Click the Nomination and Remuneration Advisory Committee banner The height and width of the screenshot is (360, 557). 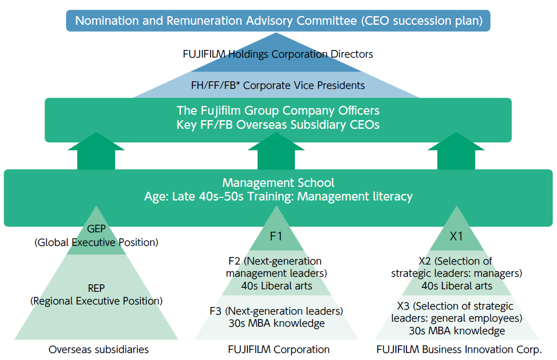coord(278,21)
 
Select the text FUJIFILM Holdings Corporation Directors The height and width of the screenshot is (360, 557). coord(278,54)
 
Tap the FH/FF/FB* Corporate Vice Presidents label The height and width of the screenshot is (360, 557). coord(278,85)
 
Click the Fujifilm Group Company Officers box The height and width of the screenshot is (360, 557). coord(278,111)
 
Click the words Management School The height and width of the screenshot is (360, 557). coord(278,183)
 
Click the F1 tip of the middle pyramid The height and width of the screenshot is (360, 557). coord(276,236)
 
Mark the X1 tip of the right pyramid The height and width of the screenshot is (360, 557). coord(456,236)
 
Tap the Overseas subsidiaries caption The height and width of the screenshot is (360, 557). coord(98,349)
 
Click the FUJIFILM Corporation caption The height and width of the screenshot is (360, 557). coord(279,349)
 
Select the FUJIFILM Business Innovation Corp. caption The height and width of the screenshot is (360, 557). coord(459,349)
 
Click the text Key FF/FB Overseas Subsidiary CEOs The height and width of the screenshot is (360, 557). coord(278,125)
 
